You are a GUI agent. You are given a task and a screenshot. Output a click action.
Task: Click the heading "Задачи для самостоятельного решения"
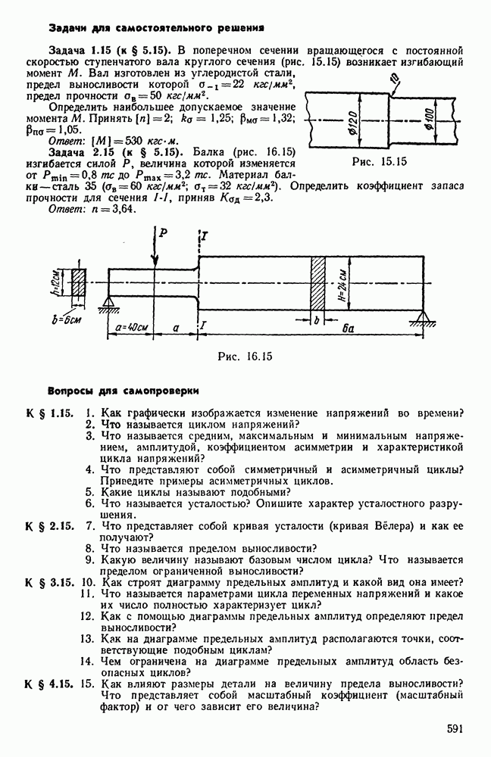[x=156, y=27]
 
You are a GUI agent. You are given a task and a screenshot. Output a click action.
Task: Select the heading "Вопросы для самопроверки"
[x=124, y=391]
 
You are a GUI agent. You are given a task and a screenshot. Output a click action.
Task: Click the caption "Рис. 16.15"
[x=244, y=356]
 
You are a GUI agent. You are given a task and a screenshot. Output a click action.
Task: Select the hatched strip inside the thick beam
[x=318, y=281]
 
